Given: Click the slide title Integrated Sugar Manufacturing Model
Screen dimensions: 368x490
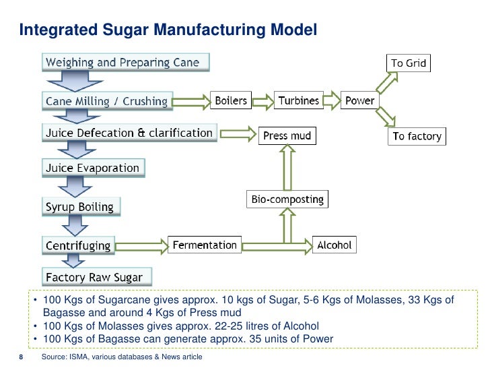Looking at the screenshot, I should [x=167, y=30].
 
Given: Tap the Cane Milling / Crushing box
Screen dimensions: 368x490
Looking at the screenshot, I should [x=106, y=101].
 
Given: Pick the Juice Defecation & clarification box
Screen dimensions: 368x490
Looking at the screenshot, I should [x=129, y=133].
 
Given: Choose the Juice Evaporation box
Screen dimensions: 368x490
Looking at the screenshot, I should [x=92, y=168].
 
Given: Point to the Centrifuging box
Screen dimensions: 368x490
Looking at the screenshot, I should [x=78, y=245].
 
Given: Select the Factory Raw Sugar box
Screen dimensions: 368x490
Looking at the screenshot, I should [x=94, y=276].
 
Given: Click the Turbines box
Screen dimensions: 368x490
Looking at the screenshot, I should [x=299, y=100].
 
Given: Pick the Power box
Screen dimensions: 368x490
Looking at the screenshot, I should [x=359, y=100].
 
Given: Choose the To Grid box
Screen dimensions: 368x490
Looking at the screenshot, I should [x=409, y=63].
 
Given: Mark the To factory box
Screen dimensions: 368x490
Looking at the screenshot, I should [x=417, y=136].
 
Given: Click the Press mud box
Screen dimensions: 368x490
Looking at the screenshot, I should [x=287, y=135].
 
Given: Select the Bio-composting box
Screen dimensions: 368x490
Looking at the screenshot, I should [x=287, y=200].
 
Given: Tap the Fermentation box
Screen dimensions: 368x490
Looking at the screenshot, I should [x=205, y=245].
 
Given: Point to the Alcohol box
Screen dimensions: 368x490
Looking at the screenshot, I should [x=335, y=245].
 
